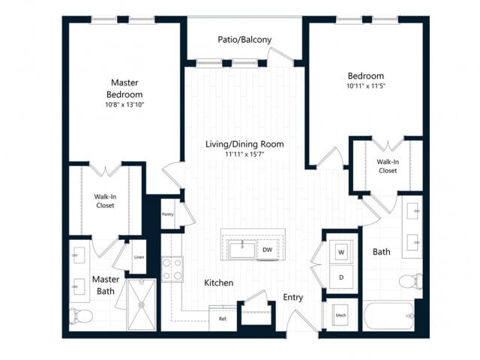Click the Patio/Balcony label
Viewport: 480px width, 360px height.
(244, 40)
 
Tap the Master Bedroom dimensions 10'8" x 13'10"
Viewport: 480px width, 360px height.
(126, 105)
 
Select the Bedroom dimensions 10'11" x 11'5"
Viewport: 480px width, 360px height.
(365, 85)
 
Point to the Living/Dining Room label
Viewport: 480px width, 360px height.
(244, 144)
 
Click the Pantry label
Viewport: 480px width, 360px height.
(168, 214)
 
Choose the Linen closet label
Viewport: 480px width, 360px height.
(139, 258)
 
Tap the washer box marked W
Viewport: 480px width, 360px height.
(340, 251)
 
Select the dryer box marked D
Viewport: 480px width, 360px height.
(340, 277)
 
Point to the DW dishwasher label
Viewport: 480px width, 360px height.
(268, 250)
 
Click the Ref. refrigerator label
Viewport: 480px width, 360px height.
(223, 319)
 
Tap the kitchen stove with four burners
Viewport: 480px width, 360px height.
(172, 269)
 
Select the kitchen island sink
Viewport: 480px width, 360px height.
(243, 249)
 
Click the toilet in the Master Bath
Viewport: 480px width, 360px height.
(79, 315)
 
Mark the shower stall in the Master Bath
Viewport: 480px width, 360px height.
(140, 304)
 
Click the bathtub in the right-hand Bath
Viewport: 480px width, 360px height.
(387, 316)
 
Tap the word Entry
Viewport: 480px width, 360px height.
(293, 298)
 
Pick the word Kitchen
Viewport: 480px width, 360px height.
(218, 283)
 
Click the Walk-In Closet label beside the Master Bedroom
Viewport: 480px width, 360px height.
(105, 201)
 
